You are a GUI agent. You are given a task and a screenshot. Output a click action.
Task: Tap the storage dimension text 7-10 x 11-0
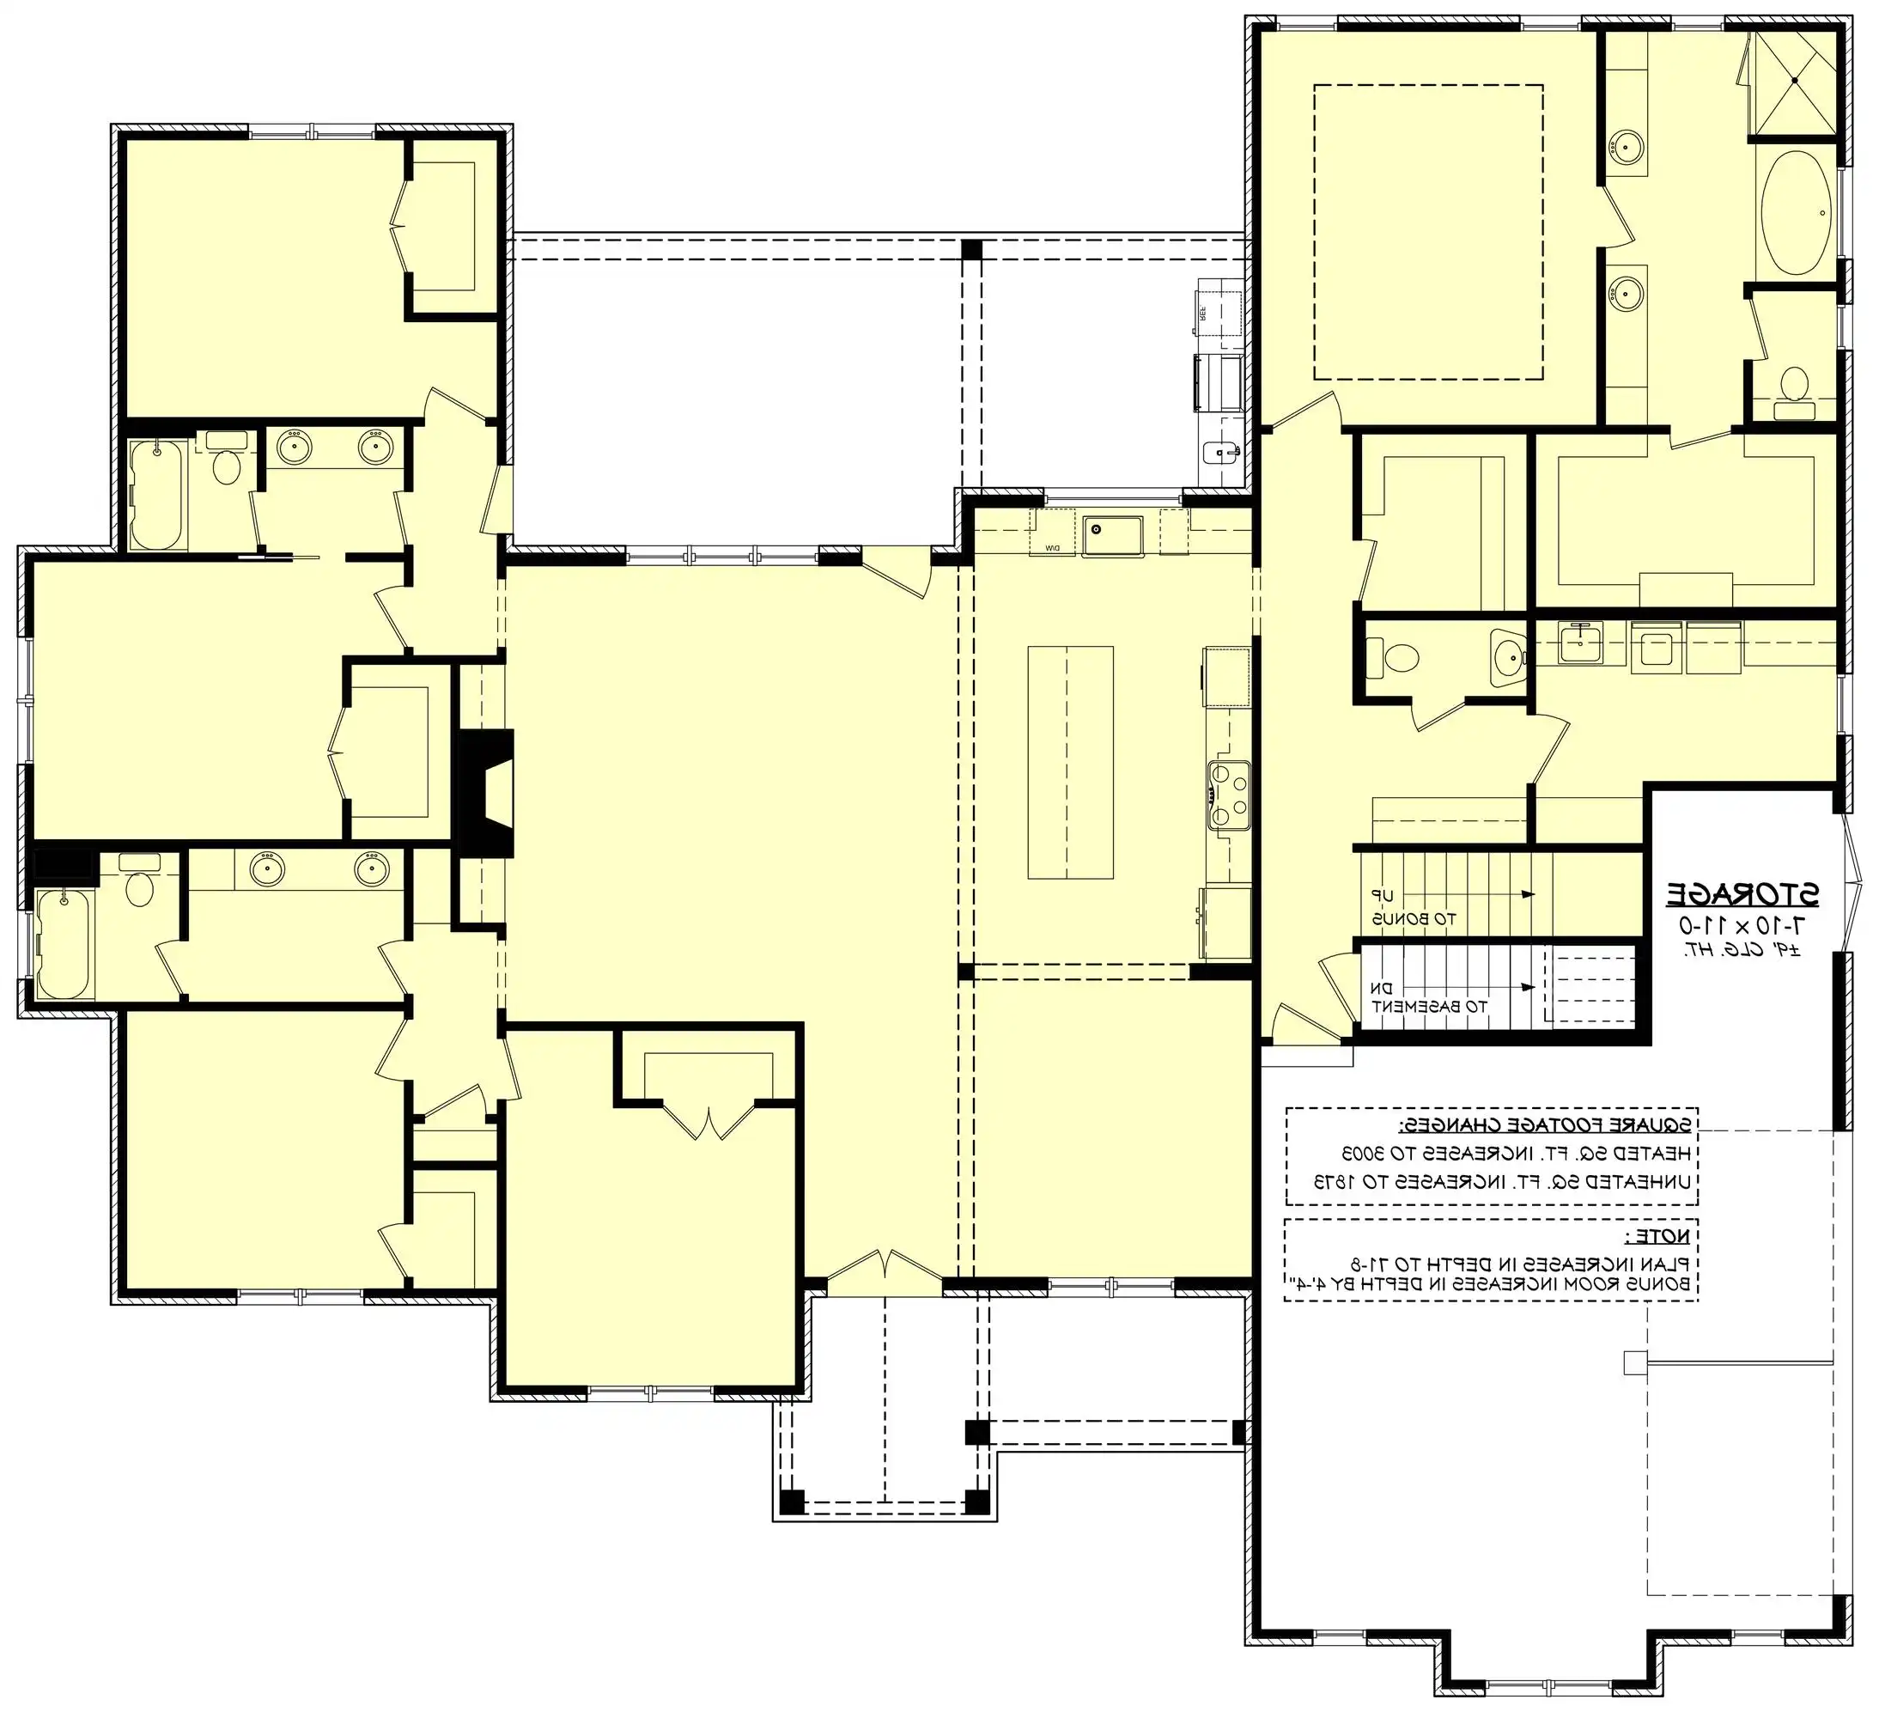tap(1741, 926)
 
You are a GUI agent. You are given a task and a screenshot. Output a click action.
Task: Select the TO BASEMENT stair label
tap(1430, 1007)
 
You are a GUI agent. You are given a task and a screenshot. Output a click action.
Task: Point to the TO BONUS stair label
tap(1413, 918)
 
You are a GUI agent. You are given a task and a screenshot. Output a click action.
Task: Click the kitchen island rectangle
tap(1070, 763)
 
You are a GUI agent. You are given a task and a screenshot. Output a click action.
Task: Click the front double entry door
tap(885, 1273)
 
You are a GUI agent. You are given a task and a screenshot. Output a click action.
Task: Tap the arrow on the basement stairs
tap(1527, 986)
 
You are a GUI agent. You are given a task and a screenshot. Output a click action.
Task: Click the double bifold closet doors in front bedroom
tap(708, 1119)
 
